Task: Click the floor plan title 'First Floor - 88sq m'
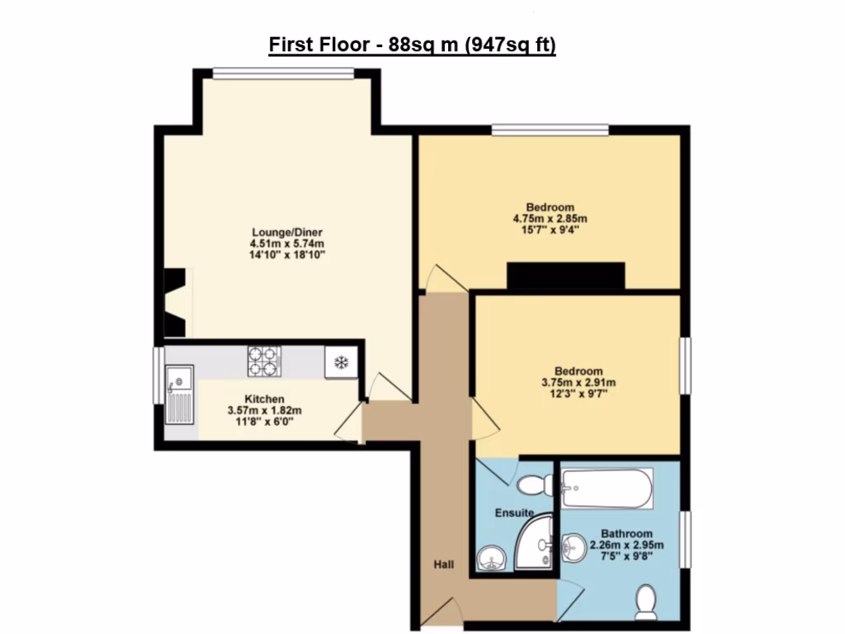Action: pos(413,45)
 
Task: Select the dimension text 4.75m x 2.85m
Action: pos(550,218)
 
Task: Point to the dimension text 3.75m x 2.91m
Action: pos(578,382)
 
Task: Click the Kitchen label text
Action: pos(264,399)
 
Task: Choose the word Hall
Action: pos(444,565)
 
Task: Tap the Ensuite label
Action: pos(514,513)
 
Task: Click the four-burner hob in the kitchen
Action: pos(264,361)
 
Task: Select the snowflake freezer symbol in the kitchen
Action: pos(339,362)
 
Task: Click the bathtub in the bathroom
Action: pos(607,490)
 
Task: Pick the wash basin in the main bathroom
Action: pos(574,546)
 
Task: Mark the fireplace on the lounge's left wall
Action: pos(175,303)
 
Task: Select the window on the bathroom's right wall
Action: pos(685,538)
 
